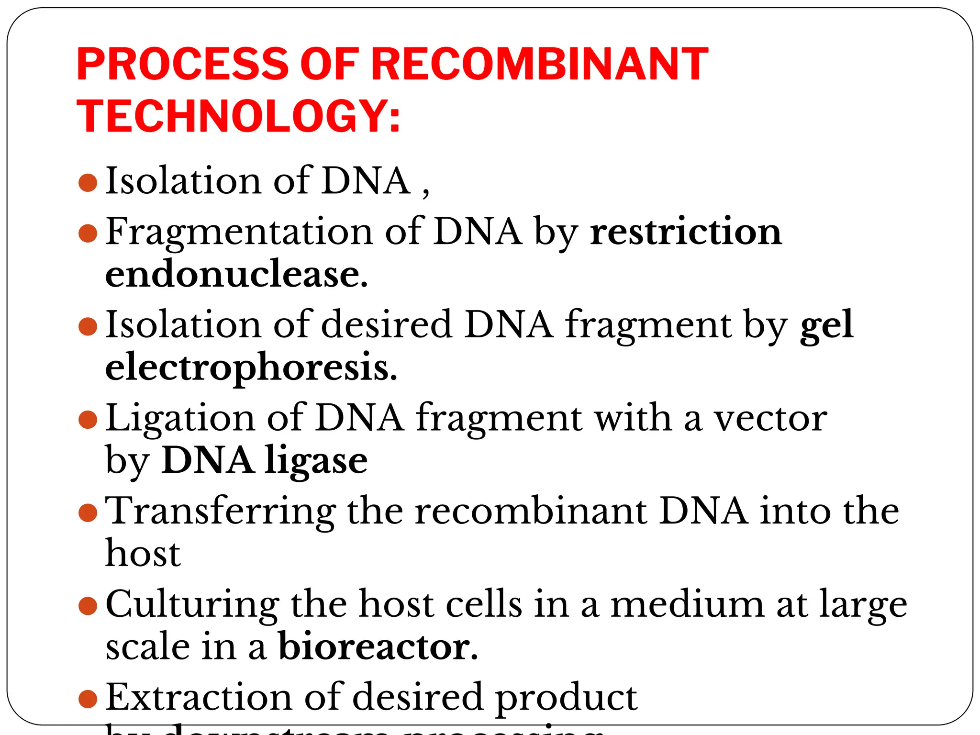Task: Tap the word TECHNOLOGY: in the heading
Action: (238, 116)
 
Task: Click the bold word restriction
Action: (686, 232)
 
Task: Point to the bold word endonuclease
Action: (236, 274)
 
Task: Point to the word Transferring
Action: (220, 511)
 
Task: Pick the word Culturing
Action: (192, 604)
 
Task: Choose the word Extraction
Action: (199, 697)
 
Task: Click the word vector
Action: (770, 418)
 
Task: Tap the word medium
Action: (687, 604)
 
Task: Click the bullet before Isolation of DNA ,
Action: (88, 183)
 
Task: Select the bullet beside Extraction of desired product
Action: (88, 699)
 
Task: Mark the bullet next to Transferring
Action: (88, 513)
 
